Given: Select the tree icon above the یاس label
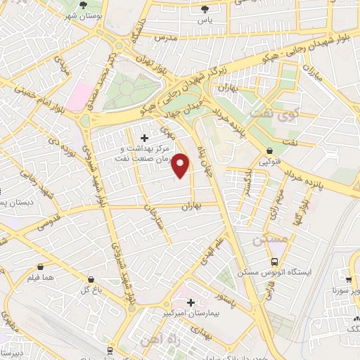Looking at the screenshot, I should tap(205, 9).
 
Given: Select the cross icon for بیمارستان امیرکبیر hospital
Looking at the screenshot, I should tap(190, 302).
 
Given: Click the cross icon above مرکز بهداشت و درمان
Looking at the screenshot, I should tap(145, 137).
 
